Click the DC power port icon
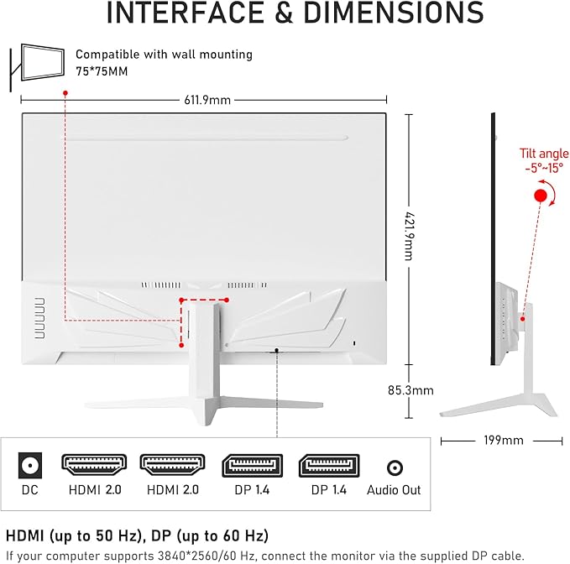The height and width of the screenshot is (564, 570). click(30, 466)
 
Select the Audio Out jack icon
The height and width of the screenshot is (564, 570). click(394, 467)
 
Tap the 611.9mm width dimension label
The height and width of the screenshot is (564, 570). click(207, 100)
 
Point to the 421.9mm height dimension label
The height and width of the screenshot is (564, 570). click(407, 224)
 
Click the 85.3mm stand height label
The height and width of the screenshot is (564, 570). click(410, 389)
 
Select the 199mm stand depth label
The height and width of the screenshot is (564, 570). click(504, 441)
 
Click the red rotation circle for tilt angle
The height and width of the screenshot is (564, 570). click(541, 196)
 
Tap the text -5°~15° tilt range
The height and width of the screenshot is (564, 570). click(543, 167)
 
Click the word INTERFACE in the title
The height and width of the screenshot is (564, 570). click(180, 14)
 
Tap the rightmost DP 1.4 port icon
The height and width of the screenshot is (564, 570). click(328, 466)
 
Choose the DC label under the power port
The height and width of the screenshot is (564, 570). click(30, 490)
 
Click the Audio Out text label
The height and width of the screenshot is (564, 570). click(394, 490)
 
